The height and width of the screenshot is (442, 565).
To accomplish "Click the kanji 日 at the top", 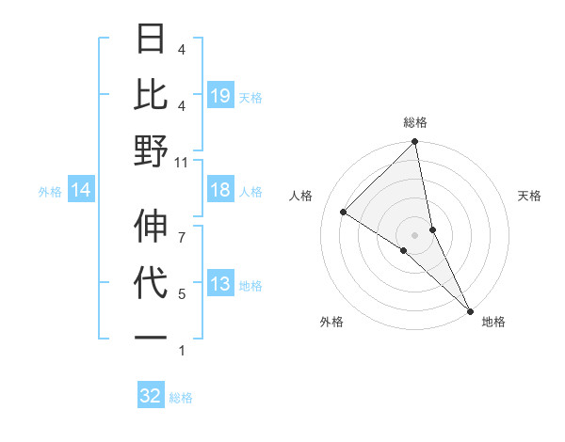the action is (151, 39).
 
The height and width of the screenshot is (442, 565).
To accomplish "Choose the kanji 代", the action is (151, 282).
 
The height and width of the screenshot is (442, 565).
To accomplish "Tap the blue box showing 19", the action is (220, 95).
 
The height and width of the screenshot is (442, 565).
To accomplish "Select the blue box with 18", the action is (220, 191).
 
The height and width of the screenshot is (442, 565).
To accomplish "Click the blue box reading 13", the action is (220, 285).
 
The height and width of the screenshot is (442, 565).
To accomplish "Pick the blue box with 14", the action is (81, 191).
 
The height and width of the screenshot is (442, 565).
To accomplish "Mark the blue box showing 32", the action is (151, 396).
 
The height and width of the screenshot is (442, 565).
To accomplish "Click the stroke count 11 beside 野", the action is (182, 162).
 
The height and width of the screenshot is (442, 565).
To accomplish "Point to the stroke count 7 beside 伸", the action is (182, 227).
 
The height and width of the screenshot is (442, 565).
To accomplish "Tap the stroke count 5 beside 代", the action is (182, 294).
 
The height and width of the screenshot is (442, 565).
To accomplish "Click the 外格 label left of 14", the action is (50, 192).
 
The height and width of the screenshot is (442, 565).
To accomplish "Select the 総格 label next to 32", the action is (181, 398).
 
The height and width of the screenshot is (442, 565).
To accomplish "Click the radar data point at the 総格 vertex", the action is (415, 143).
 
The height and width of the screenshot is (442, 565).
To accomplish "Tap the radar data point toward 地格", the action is (469, 309).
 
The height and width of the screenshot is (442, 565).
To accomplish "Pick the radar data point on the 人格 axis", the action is (344, 213).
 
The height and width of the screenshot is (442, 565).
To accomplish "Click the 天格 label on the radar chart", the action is (530, 196).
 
